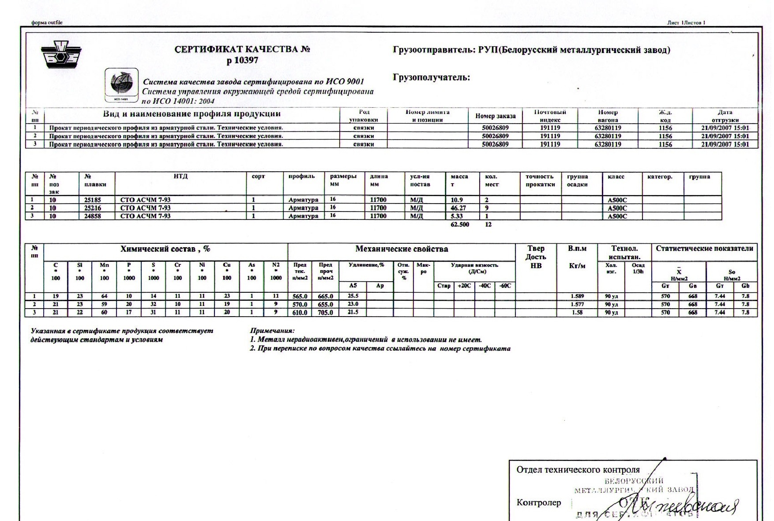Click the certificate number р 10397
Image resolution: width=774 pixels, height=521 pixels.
coord(242,60)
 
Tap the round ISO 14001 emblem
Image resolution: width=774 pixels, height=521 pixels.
coord(121,84)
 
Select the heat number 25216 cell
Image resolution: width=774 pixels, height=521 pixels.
coord(93,208)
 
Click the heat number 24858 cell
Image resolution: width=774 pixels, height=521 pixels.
coord(93,216)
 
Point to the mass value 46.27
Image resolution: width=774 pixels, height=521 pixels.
coord(458,208)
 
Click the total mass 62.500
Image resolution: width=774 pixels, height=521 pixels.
coord(460,225)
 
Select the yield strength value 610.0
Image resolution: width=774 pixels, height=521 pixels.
coord(300,313)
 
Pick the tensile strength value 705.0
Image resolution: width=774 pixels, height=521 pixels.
coord(326,313)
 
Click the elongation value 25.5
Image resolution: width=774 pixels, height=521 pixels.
coord(353,296)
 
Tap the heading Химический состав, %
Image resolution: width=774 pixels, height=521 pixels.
coord(165,249)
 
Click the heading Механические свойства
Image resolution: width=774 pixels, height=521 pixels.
coord(402,249)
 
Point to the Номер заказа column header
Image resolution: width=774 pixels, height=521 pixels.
coord(495,116)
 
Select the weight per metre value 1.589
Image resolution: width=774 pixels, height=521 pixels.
coord(577,296)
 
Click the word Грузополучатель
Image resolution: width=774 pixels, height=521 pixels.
coord(431,78)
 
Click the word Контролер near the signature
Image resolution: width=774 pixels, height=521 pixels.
coord(539,503)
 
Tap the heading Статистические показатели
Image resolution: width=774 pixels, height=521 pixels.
coord(704,248)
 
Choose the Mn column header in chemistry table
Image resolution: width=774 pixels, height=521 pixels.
coord(104,265)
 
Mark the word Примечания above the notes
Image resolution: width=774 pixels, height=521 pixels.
coord(272,331)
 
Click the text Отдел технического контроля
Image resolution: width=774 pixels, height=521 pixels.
coord(578,470)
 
